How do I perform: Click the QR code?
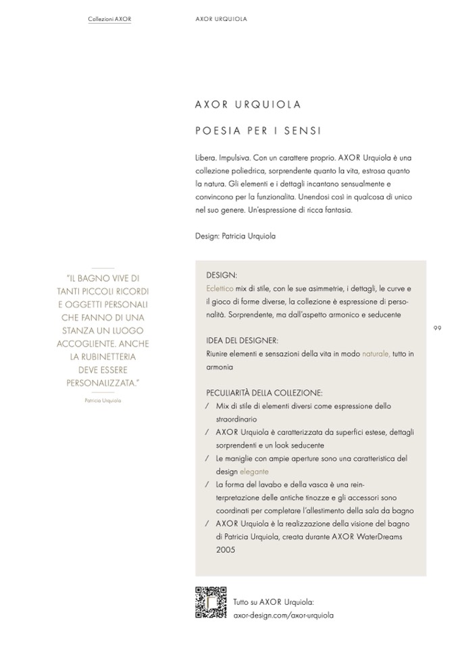click(x=210, y=603)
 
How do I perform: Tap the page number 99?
click(x=437, y=328)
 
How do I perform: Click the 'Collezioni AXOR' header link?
click(x=109, y=19)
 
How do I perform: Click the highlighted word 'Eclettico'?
click(x=220, y=289)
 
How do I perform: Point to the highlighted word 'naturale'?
click(x=376, y=354)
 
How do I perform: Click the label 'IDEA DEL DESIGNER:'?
click(x=242, y=341)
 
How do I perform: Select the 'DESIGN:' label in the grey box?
click(x=222, y=276)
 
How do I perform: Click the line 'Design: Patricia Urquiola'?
click(x=235, y=236)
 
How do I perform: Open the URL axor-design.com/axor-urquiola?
click(x=283, y=616)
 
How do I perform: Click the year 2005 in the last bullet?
click(x=226, y=550)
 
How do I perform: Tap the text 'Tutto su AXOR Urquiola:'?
click(x=273, y=602)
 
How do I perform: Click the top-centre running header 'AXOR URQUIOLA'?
click(x=220, y=19)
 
